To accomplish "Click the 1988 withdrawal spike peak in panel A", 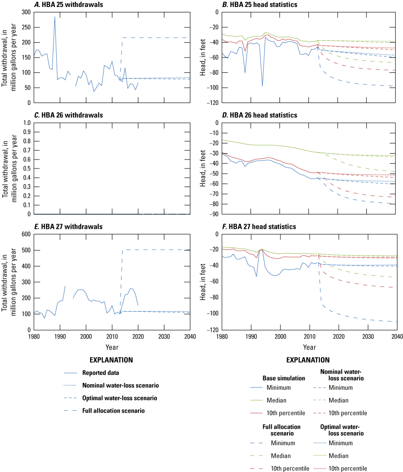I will (x=55, y=17).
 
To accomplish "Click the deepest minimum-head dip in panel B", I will (x=262, y=86).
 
